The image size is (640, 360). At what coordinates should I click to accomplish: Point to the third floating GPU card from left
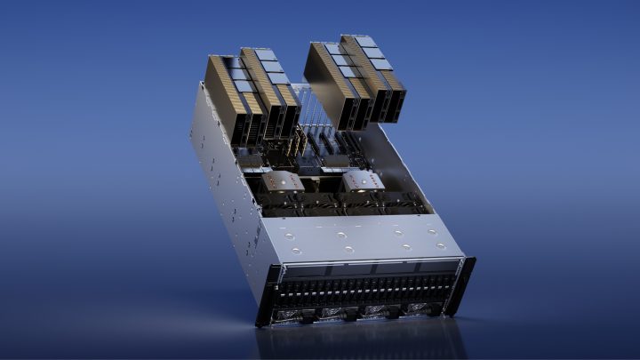[334, 85]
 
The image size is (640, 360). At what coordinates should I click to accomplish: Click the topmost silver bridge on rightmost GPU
[364, 41]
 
